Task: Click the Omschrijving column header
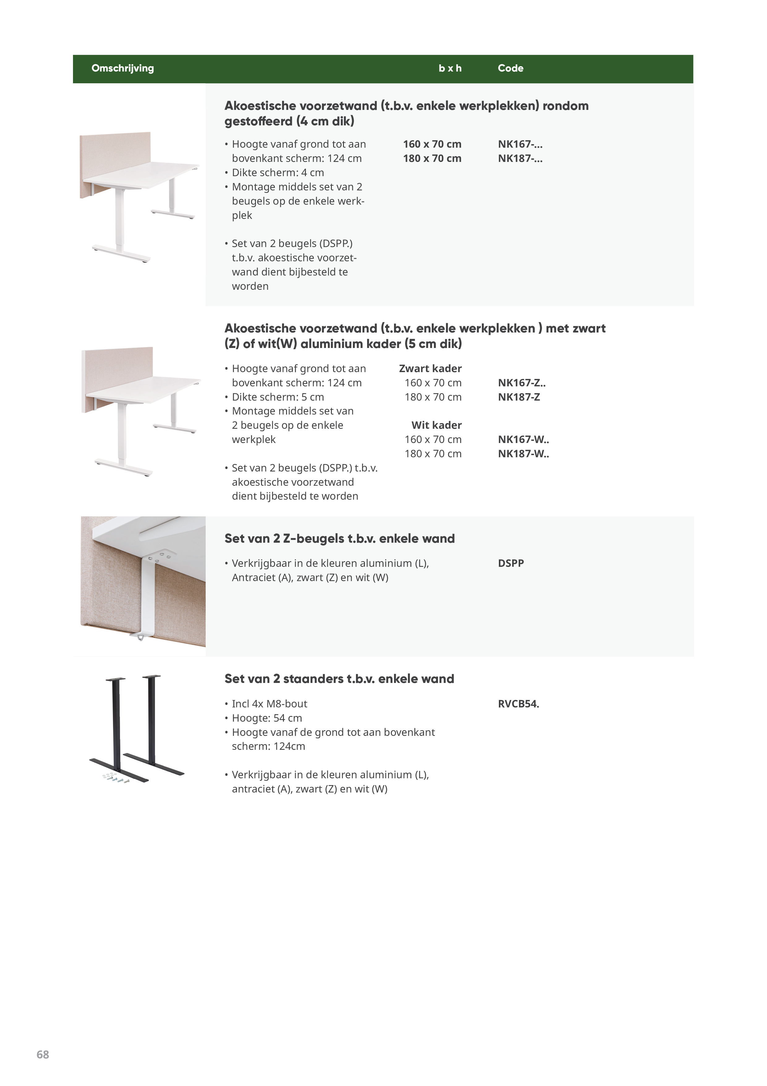pyautogui.click(x=122, y=68)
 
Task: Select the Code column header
pyautogui.click(x=510, y=68)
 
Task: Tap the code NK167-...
pyautogui.click(x=520, y=144)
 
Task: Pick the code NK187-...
pyautogui.click(x=520, y=159)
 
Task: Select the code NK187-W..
pyautogui.click(x=523, y=454)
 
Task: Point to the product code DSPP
pyautogui.click(x=510, y=563)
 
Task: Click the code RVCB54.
pyautogui.click(x=518, y=704)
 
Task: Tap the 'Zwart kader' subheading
pyautogui.click(x=430, y=368)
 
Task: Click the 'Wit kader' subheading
pyautogui.click(x=436, y=425)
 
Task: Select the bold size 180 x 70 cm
pyautogui.click(x=432, y=159)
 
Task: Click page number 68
pyautogui.click(x=43, y=1054)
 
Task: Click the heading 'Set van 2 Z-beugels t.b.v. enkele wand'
pyautogui.click(x=339, y=539)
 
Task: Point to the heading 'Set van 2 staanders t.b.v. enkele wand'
pyautogui.click(x=339, y=679)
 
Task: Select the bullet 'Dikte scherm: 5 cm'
pyautogui.click(x=277, y=397)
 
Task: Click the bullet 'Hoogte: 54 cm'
pyautogui.click(x=267, y=718)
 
